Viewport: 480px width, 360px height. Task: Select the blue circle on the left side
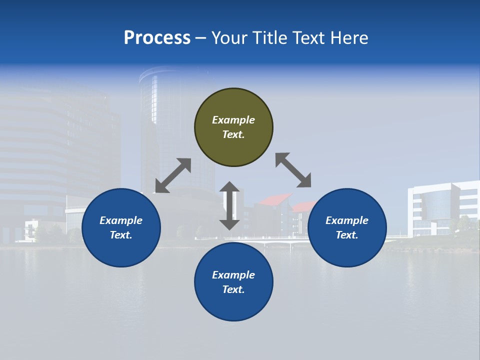(121, 227)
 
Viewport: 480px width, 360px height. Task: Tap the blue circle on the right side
(347, 227)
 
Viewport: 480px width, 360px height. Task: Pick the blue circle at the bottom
(233, 282)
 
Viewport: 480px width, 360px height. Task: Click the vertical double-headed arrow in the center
(229, 205)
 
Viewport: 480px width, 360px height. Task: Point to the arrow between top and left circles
(173, 175)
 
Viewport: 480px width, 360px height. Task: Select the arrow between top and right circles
(293, 170)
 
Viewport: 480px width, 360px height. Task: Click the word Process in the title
(157, 38)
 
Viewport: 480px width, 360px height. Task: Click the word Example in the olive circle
(233, 120)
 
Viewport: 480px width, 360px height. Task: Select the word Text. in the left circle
(121, 235)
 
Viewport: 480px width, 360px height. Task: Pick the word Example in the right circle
(347, 220)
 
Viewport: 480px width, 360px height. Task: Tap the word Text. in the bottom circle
(233, 289)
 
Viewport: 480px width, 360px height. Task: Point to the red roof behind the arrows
(275, 199)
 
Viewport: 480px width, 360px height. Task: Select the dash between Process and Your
(201, 38)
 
